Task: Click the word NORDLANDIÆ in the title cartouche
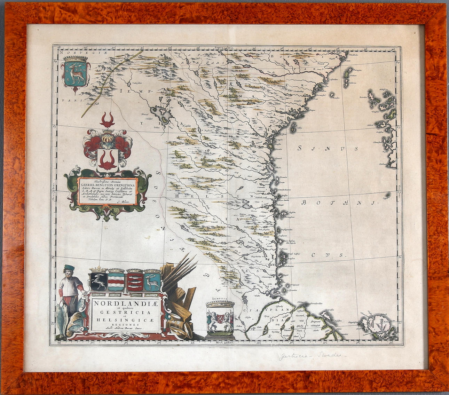(x=125, y=303)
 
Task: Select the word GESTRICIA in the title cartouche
(x=125, y=312)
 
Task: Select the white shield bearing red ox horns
(x=108, y=160)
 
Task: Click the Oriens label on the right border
(x=399, y=188)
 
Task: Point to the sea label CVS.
(x=327, y=255)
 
